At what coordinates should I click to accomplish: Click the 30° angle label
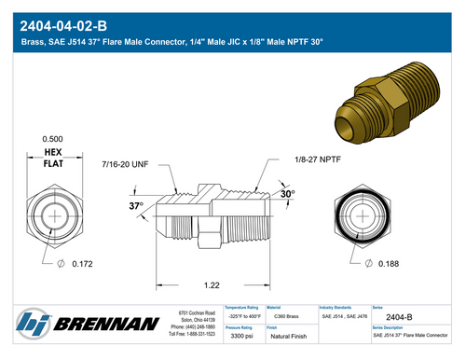point(288,195)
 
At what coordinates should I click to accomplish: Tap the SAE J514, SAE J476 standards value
point(344,317)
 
